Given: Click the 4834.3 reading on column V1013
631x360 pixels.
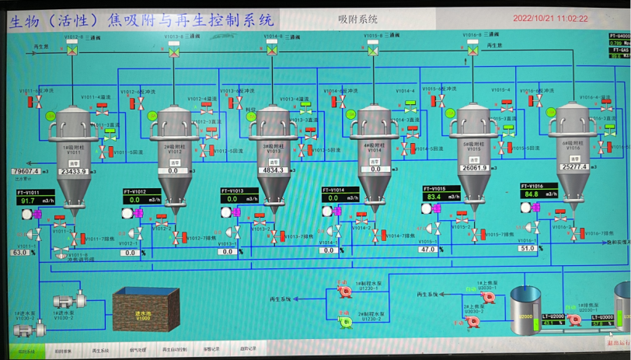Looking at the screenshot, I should click(x=274, y=170).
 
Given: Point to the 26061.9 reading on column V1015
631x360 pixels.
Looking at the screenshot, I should click(x=474, y=168).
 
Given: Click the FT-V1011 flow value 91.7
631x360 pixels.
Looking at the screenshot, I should click(x=29, y=201).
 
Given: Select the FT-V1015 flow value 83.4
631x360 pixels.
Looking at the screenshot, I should click(x=434, y=197).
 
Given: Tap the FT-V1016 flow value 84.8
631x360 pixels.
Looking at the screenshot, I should click(x=532, y=194).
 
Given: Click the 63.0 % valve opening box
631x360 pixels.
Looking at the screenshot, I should click(x=20, y=252).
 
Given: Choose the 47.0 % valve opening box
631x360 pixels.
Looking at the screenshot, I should click(x=427, y=250).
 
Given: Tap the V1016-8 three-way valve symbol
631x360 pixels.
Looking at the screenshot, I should click(x=473, y=48).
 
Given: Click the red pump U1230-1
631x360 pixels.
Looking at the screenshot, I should click(x=343, y=291).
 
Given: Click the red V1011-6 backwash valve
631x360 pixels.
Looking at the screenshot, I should click(x=40, y=103).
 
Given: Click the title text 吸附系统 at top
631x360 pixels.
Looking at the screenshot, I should click(x=358, y=19).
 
